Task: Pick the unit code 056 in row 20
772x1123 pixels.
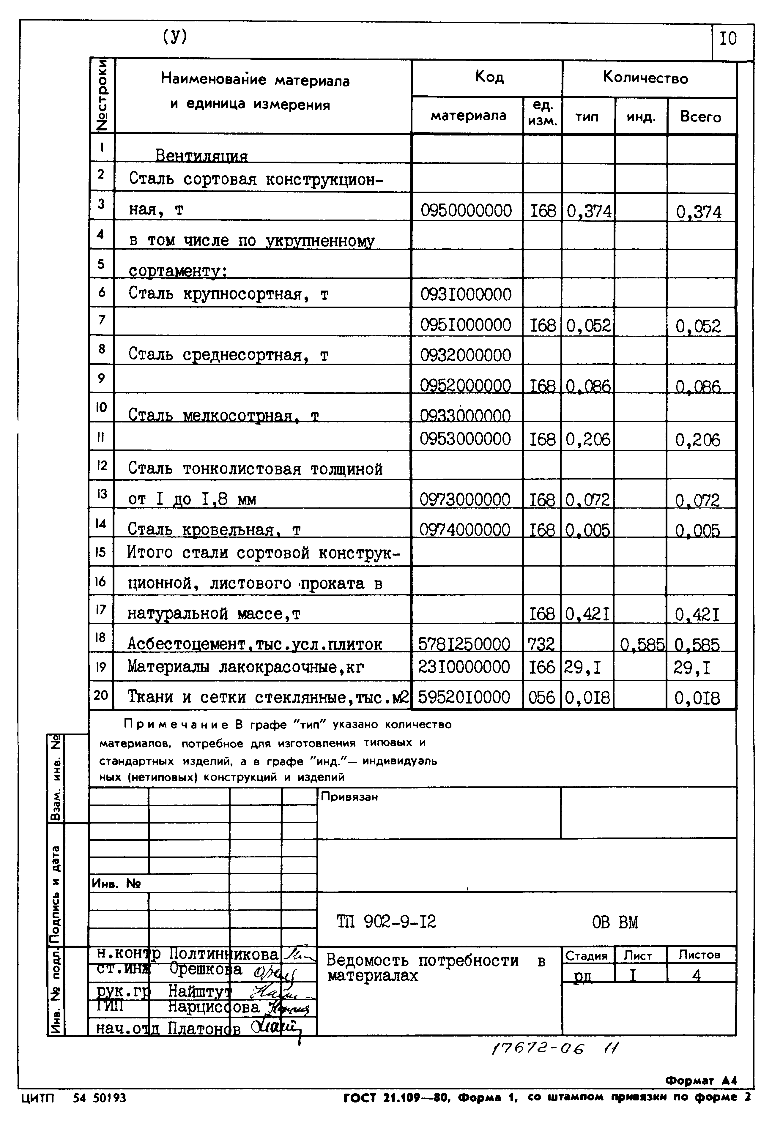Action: [542, 697]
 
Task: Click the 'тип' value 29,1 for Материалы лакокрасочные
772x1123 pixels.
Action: [582, 668]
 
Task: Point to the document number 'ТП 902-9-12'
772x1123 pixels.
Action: [386, 922]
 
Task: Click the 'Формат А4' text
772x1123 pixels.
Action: [700, 1081]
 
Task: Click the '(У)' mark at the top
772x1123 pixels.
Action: [175, 36]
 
